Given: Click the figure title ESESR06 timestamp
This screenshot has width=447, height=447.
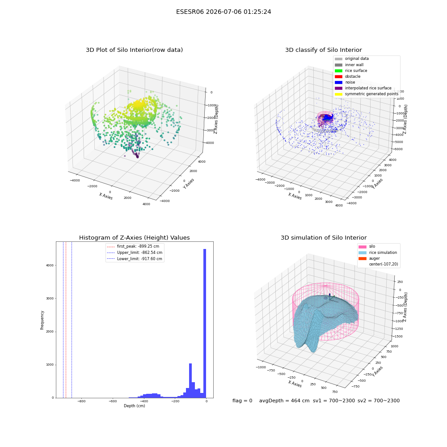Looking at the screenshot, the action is click(223, 12).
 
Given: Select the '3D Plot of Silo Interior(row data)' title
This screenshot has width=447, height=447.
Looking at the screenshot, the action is click(134, 50).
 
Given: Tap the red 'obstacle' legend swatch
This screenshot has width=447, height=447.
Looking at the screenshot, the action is click(338, 76).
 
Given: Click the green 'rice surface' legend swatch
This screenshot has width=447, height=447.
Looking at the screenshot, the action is click(338, 71).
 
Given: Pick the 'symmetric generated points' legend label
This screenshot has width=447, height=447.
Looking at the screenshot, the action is click(372, 94).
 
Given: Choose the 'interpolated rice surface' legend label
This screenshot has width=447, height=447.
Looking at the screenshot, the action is click(368, 88).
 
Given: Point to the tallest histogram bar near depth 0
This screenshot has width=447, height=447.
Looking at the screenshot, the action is click(205, 323).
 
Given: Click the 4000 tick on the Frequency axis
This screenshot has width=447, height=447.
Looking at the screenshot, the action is click(50, 266).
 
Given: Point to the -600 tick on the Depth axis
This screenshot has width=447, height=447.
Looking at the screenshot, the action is click(113, 401).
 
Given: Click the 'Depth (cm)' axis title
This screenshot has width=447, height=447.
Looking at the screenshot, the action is click(134, 406).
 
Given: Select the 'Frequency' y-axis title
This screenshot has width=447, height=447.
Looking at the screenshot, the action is click(42, 320).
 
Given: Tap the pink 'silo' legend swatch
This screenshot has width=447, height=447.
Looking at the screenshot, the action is click(363, 247).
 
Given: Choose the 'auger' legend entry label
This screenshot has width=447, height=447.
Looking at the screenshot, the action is click(374, 258).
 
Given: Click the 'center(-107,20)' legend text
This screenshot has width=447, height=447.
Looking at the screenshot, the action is click(384, 264).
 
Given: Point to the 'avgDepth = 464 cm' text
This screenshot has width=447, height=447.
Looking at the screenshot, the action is click(284, 401).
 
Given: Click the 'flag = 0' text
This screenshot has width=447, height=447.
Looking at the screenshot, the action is click(242, 401).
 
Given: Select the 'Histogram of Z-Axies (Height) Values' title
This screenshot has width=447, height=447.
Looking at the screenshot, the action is click(134, 238).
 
